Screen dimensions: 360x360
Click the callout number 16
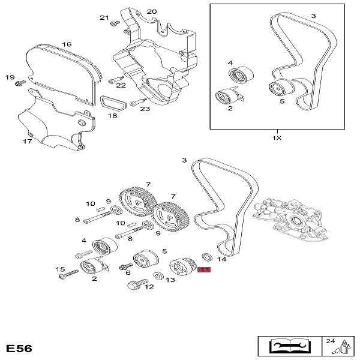point(66,44)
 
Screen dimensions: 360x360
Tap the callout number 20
point(151,11)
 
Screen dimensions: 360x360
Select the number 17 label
point(27,142)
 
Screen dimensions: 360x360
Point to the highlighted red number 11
point(204,270)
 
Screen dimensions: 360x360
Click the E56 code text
point(19,348)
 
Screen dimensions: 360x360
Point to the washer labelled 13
point(158,275)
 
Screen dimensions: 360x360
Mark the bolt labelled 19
point(20,80)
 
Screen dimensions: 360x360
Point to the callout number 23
point(145,109)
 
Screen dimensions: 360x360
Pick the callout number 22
point(121,85)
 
